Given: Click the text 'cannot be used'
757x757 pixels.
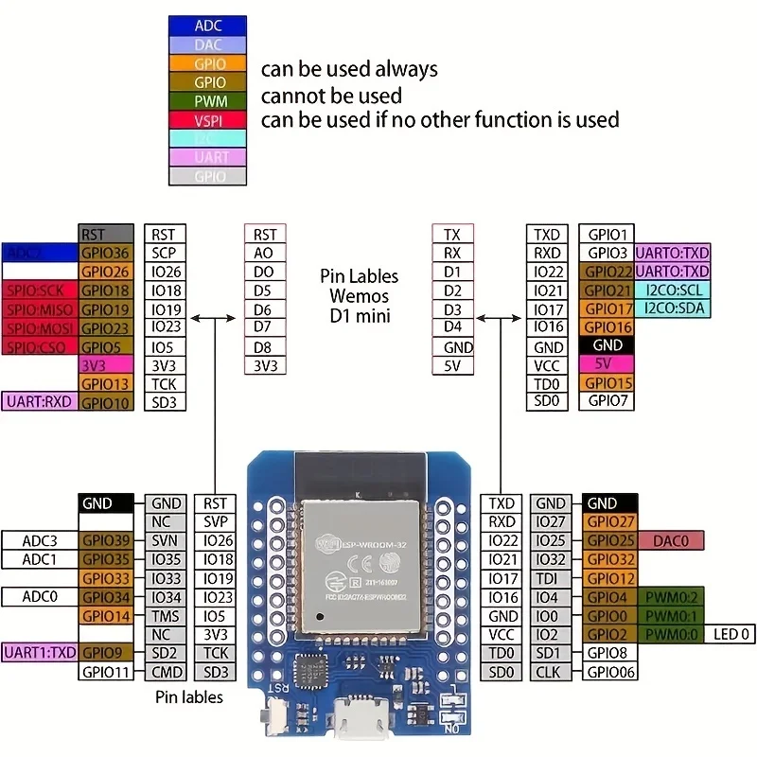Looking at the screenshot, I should point(331,96).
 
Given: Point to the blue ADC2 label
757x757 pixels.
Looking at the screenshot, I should point(40,253).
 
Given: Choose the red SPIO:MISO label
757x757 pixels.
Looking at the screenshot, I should point(40,308).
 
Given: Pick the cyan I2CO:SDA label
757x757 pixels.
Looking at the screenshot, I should point(672,308).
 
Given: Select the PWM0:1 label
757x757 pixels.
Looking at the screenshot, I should point(671,616).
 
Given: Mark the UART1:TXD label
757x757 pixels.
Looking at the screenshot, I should point(40,653).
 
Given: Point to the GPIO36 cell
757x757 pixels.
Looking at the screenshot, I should point(104,253).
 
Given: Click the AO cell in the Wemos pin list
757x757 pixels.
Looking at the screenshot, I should point(264,253).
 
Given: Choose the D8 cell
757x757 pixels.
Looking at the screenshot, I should point(264,346).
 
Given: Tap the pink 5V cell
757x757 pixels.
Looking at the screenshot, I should point(606,364).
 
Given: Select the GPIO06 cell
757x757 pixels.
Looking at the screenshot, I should point(611,672).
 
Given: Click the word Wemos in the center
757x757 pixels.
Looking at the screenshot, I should point(359,296).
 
